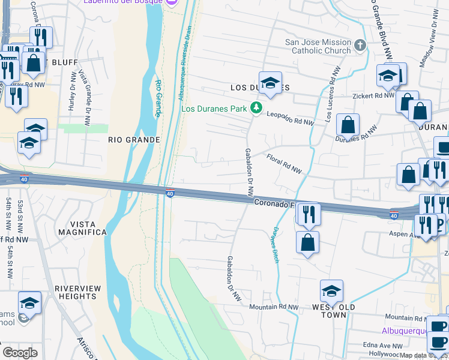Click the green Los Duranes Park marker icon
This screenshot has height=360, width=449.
(x=257, y=109)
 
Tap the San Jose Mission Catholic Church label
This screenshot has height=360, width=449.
(x=318, y=46)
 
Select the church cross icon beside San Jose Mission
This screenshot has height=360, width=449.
(x=360, y=46)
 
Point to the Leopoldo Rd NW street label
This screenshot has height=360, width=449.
(x=291, y=118)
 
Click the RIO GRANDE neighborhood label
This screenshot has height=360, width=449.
(x=134, y=140)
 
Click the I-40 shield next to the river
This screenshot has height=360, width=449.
(x=170, y=193)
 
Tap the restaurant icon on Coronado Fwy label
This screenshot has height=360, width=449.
(x=308, y=214)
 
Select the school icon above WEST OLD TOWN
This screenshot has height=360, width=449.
(x=331, y=290)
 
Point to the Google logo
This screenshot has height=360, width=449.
(x=20, y=352)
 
